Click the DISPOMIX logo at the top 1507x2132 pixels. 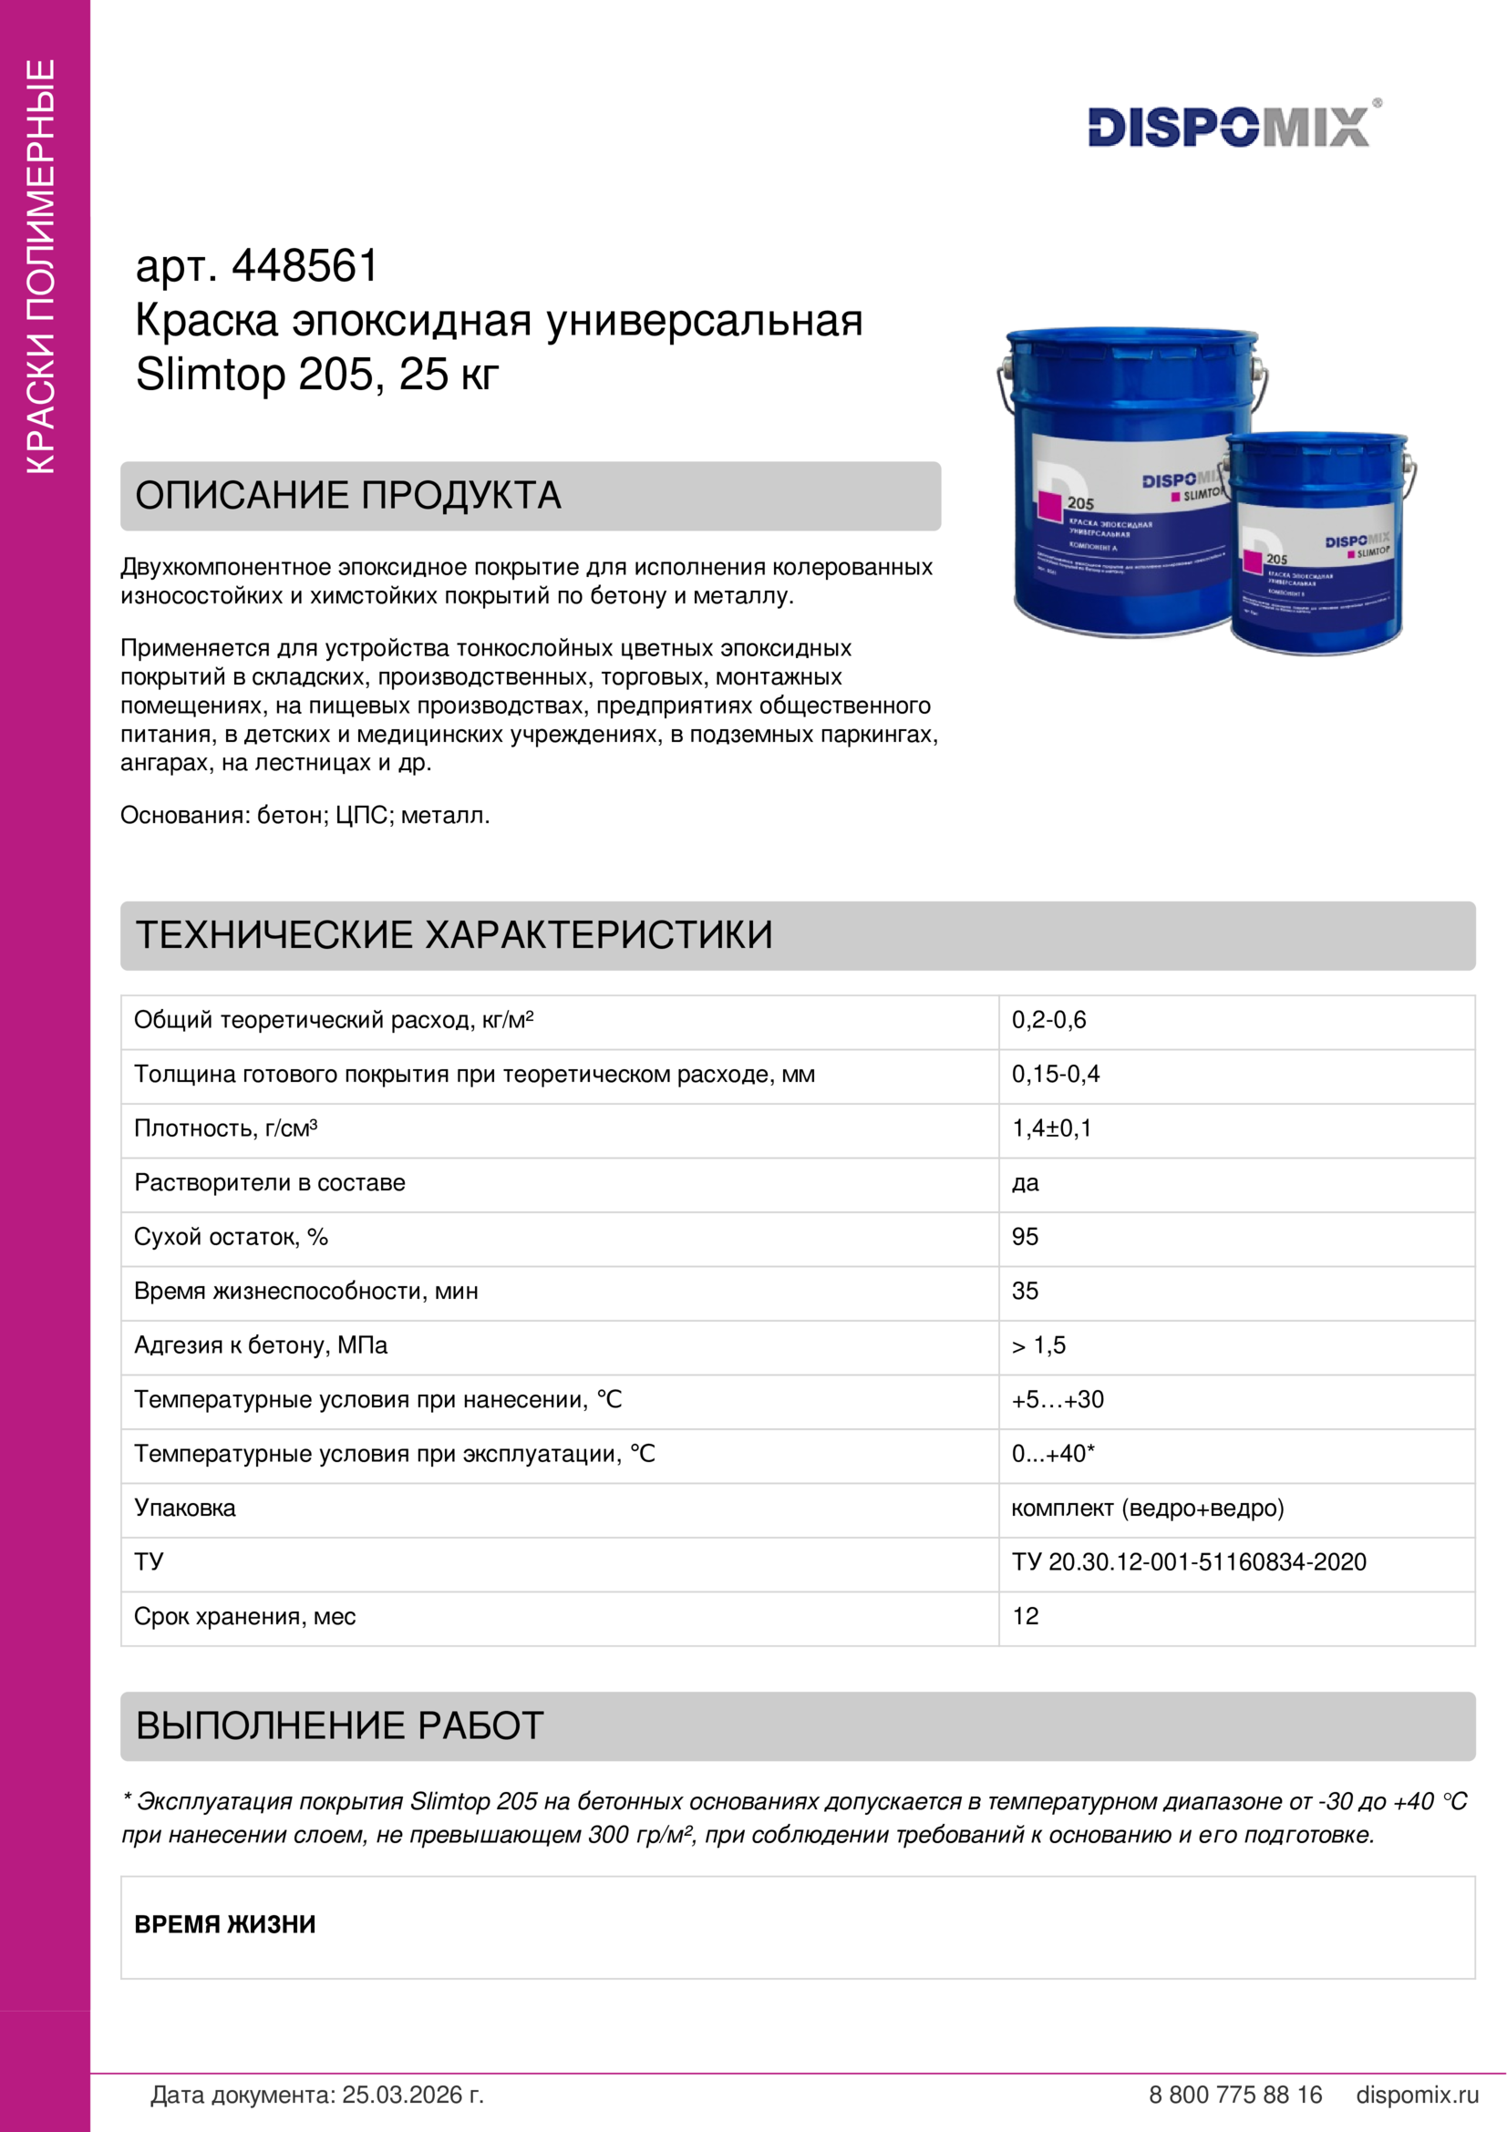1229,127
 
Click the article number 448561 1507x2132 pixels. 304,266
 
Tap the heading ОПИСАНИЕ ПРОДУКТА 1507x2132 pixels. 348,496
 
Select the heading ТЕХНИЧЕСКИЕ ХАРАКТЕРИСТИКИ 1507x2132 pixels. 454,935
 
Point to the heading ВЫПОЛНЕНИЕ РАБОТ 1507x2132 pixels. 339,1725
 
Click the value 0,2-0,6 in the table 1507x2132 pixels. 1048,1021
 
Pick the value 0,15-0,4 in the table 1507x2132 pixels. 1055,1075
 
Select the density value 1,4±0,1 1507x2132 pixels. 1051,1128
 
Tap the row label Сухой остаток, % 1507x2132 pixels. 231,1237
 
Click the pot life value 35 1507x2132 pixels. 1025,1291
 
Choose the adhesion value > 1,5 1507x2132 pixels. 1038,1345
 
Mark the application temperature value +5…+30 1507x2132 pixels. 1058,1399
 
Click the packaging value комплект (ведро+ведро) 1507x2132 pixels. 1147,1508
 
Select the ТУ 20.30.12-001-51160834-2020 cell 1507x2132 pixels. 1189,1562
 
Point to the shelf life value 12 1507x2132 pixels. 1025,1617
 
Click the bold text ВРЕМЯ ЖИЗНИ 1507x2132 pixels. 224,1924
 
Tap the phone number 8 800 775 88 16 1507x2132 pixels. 1235,2095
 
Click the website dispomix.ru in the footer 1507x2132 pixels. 1417,2095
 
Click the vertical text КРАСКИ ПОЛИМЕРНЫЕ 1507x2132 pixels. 42,266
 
